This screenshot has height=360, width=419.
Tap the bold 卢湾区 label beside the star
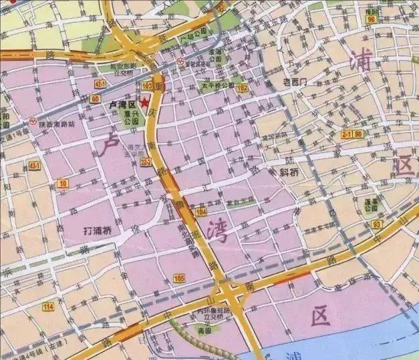coord(123,106)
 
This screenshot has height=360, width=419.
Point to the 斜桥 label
coord(289,171)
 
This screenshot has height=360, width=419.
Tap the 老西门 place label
coord(294,81)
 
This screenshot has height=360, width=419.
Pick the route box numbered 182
coord(241,87)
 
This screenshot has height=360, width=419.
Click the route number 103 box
coord(148,86)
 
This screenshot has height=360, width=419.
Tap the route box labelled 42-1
coord(101,83)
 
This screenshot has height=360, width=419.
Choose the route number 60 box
coord(96,99)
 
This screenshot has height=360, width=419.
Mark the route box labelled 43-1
coord(34,165)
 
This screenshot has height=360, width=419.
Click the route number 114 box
coord(47,307)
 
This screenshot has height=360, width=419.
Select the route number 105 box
coord(178,277)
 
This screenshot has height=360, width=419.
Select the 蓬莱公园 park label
coord(372,203)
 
